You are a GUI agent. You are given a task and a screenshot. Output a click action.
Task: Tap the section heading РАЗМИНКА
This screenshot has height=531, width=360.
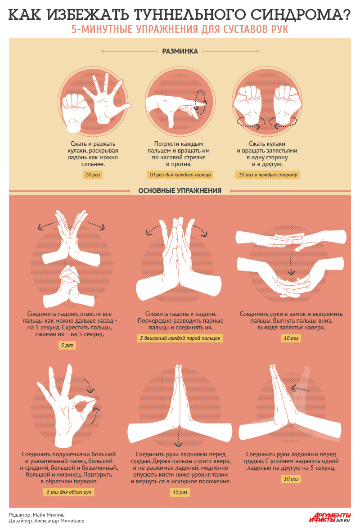(180, 51)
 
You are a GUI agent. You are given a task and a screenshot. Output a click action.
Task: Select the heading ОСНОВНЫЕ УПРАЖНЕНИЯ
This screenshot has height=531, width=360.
(180, 191)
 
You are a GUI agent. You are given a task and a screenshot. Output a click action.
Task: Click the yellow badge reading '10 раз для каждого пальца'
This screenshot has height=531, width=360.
(180, 175)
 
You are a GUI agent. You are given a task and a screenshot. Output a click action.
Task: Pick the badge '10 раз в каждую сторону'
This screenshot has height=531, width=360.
(268, 175)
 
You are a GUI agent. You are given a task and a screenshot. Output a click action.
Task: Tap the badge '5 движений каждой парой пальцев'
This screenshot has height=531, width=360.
(180, 338)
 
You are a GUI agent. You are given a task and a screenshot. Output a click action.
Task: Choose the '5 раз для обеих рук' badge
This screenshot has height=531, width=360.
(69, 492)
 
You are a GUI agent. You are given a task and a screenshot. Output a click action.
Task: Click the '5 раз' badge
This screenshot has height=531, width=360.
(67, 345)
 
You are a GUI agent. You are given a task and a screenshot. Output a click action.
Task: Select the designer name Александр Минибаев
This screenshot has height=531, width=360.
(59, 521)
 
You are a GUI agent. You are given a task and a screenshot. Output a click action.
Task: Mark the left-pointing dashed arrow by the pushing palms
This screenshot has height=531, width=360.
(300, 388)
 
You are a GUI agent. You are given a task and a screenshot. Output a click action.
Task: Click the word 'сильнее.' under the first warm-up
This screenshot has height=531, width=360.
(93, 164)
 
